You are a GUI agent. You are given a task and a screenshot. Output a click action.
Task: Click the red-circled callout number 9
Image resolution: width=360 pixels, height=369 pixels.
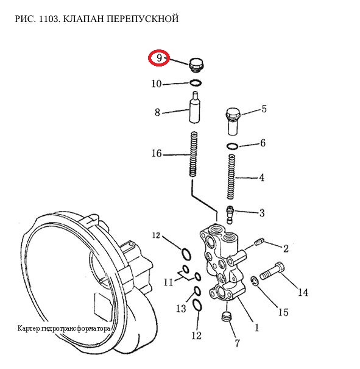click(x=160, y=58)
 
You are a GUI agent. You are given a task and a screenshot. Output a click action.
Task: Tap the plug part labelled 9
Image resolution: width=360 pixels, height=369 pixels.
click(x=197, y=65)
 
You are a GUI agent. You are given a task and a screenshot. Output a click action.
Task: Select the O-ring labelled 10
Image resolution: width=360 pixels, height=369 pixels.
click(x=196, y=83)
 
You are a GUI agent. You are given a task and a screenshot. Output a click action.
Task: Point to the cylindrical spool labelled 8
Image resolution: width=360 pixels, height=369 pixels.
click(x=195, y=107)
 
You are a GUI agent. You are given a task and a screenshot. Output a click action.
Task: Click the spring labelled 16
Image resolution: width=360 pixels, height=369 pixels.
click(x=194, y=154)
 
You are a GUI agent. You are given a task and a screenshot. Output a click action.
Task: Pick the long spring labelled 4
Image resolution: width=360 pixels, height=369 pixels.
click(x=231, y=177)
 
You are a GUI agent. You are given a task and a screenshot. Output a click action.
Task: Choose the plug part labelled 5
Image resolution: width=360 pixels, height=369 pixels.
click(x=233, y=121)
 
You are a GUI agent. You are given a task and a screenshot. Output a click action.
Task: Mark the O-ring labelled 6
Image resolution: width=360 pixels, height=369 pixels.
click(x=233, y=146)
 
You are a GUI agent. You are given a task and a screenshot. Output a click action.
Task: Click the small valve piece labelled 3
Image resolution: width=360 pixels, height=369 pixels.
click(x=230, y=215)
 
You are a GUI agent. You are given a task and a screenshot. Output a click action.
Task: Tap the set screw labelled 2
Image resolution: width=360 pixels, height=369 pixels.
click(x=259, y=242)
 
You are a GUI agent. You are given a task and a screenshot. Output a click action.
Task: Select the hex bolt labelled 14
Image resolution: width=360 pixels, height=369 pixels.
click(x=272, y=271)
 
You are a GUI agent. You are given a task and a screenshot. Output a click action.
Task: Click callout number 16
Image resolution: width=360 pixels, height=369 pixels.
click(x=157, y=154)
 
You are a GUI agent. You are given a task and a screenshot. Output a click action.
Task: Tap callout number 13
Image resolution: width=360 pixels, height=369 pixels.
click(x=181, y=308)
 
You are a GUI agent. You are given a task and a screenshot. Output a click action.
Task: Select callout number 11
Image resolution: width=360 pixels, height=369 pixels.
click(x=168, y=282)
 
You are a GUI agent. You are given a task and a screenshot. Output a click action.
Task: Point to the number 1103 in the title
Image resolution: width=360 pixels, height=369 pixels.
click(x=49, y=19)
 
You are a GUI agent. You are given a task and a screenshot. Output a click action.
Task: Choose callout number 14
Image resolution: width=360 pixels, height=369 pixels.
click(x=303, y=292)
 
